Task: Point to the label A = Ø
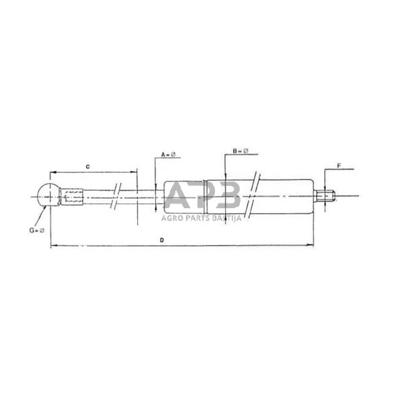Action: (x=168, y=155)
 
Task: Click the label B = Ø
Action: (x=240, y=152)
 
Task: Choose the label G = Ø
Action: (x=36, y=230)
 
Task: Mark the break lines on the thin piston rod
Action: (x=118, y=196)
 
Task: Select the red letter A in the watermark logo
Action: (x=177, y=196)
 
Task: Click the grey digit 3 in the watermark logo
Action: (x=228, y=196)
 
